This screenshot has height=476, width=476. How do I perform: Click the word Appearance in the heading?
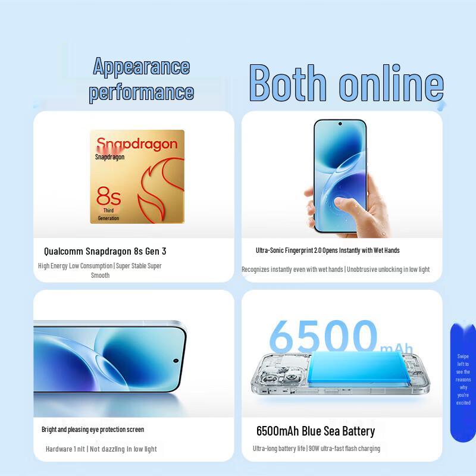(x=142, y=66)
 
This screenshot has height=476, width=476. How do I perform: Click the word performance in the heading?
(x=142, y=92)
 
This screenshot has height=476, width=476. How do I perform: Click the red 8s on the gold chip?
(x=108, y=196)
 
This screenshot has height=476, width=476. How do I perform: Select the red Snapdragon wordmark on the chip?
(x=137, y=143)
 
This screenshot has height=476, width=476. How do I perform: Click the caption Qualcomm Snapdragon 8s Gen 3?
(x=105, y=251)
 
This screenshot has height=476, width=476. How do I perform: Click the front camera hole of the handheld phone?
(x=340, y=124)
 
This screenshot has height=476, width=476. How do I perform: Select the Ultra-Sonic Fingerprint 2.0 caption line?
(x=327, y=250)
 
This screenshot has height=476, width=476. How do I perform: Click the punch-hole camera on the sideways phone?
(x=176, y=361)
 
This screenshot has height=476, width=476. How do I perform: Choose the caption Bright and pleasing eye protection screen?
(x=93, y=429)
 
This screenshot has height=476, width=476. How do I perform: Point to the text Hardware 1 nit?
(x=65, y=449)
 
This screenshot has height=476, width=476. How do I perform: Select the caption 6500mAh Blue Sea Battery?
(x=315, y=431)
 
